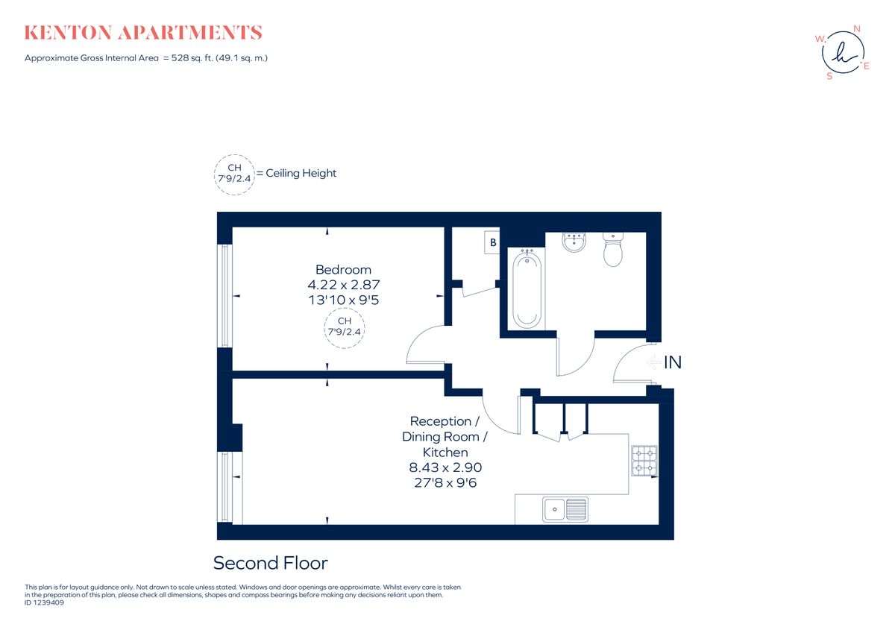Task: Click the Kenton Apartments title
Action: (x=143, y=33)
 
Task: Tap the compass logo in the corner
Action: (x=842, y=53)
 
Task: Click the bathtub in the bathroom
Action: (x=527, y=289)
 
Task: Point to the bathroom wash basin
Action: (x=574, y=242)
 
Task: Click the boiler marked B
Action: (x=492, y=242)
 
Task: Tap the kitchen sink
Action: (x=565, y=509)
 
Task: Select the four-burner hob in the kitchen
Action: (x=644, y=461)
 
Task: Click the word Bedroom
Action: (x=343, y=269)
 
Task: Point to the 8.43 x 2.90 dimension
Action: (x=445, y=467)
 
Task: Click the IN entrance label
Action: (x=673, y=363)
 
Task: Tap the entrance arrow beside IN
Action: (x=653, y=363)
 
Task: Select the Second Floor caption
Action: (x=270, y=563)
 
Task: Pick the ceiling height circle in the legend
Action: (x=234, y=174)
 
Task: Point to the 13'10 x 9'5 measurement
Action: (x=343, y=300)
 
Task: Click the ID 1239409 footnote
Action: (x=45, y=602)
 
